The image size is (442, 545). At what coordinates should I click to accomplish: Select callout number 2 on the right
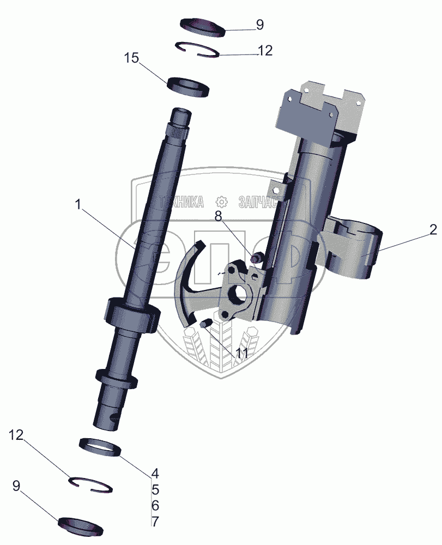pyautogui.click(x=432, y=230)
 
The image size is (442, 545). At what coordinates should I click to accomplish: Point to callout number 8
pyautogui.click(x=218, y=216)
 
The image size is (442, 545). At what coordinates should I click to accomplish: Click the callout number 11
pyautogui.click(x=241, y=353)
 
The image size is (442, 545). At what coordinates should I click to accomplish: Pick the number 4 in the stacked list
pyautogui.click(x=155, y=472)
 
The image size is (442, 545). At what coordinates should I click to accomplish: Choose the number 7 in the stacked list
pyautogui.click(x=155, y=521)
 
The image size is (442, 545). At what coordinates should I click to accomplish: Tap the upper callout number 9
pyautogui.click(x=259, y=25)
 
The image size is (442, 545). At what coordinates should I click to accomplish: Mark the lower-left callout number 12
pyautogui.click(x=16, y=434)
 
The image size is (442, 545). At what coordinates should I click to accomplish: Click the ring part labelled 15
pyautogui.click(x=189, y=87)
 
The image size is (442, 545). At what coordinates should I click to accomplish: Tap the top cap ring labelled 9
pyautogui.click(x=202, y=27)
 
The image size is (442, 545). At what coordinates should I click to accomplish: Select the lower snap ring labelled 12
pyautogui.click(x=91, y=483)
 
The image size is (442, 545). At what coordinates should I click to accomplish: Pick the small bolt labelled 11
pyautogui.click(x=205, y=324)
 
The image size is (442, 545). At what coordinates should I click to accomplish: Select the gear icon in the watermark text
pyautogui.click(x=221, y=202)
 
